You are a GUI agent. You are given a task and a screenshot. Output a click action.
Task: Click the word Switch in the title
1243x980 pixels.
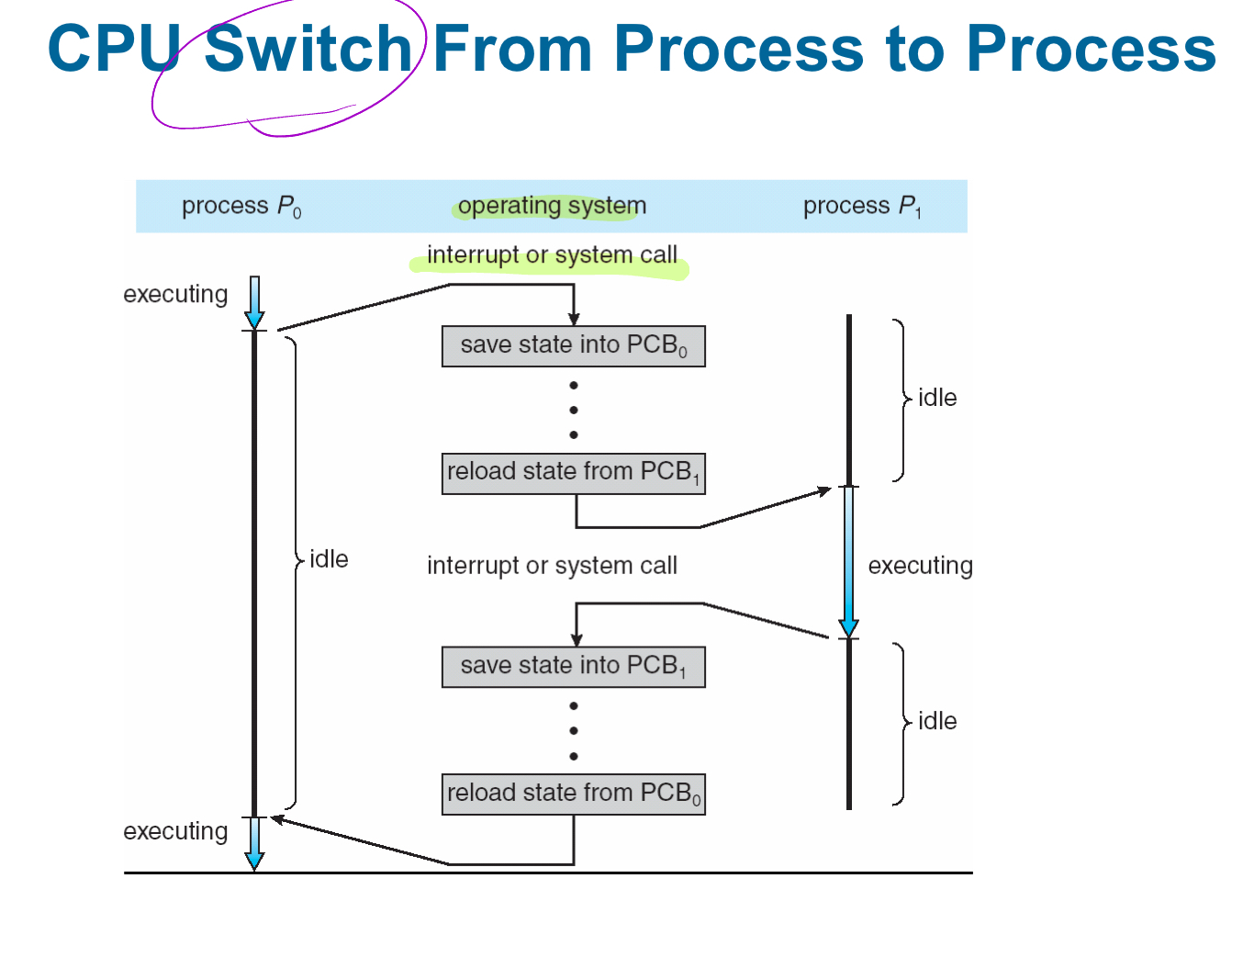[308, 49]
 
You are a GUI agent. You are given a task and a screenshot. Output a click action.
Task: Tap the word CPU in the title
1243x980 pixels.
[114, 49]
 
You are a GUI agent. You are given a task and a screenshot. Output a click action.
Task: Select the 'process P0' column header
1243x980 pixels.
[241, 207]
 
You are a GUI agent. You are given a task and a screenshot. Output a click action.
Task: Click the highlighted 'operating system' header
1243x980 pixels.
[552, 206]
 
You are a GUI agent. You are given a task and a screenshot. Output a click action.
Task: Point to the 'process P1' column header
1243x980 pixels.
[862, 207]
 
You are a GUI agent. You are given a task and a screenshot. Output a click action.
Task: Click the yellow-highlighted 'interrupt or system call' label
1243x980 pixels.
[552, 254]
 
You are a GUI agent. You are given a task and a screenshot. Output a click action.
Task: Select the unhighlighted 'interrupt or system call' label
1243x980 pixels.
[552, 565]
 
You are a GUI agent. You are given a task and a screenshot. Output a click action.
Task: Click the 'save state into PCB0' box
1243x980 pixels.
[574, 346]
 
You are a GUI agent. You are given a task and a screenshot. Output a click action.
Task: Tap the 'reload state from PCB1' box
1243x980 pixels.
[574, 474]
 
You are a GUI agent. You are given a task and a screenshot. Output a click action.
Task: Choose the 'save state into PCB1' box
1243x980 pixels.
[574, 667]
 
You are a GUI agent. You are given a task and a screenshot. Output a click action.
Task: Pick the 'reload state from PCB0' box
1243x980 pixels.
[574, 794]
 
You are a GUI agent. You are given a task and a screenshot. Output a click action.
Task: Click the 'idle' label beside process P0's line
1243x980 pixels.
[329, 559]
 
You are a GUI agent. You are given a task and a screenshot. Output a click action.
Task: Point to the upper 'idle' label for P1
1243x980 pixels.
[937, 398]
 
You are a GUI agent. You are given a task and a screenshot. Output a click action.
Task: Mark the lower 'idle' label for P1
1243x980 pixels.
[937, 721]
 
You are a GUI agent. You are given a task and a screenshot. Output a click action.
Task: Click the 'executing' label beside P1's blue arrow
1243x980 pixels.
[921, 566]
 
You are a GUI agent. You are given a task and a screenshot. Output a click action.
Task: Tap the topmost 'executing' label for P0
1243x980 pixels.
[175, 295]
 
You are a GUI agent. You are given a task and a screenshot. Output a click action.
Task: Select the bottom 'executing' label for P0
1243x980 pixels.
[175, 831]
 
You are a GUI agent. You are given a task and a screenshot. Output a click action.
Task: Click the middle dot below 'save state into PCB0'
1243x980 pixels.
[574, 411]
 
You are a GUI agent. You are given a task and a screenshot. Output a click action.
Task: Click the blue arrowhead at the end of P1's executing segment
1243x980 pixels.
[848, 628]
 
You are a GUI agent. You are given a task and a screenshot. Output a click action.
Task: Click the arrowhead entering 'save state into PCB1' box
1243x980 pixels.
[577, 639]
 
